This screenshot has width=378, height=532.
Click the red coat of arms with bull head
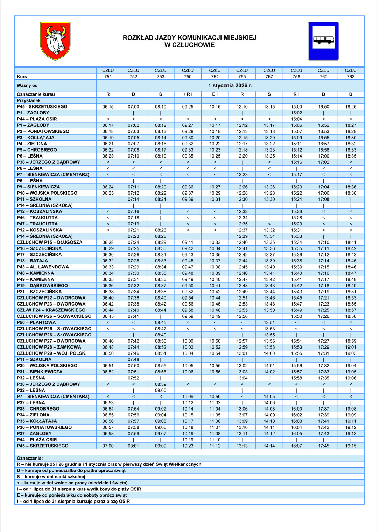(55, 41)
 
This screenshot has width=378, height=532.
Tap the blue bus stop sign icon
(323, 41)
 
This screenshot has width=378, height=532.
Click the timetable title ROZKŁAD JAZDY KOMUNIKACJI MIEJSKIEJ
(189, 38)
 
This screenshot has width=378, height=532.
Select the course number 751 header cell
(108, 77)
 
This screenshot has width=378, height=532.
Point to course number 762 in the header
(350, 77)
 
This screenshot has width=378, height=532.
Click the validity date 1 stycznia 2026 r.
(230, 85)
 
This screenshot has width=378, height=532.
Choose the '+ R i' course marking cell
(188, 94)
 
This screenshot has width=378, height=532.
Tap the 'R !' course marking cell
(296, 94)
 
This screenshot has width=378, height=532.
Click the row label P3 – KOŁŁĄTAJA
(36, 138)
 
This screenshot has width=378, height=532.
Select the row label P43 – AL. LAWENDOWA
(43, 267)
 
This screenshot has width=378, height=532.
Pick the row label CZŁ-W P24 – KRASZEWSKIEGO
(51, 310)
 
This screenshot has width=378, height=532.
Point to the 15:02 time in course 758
(296, 113)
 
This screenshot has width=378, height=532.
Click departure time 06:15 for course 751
(108, 107)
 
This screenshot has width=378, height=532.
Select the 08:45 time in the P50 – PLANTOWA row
(161, 322)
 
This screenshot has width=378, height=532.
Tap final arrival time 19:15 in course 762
(350, 446)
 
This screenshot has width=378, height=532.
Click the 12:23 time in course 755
(242, 174)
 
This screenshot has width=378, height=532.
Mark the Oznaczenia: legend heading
(30, 458)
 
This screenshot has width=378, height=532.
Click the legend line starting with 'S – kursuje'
(51, 477)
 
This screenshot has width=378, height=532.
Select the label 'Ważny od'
(27, 85)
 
